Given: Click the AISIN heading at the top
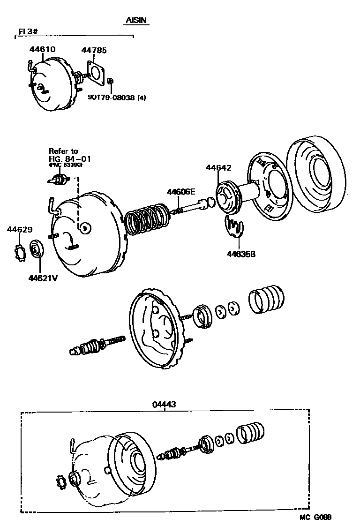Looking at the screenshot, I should click(x=137, y=21).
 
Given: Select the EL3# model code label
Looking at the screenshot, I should click(x=28, y=31).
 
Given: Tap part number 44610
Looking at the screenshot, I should click(x=43, y=49).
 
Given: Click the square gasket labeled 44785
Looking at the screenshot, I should click(x=97, y=74).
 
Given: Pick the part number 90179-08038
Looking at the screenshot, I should click(x=111, y=98).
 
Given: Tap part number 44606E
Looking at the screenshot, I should click(x=180, y=191).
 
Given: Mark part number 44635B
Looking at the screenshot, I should click(x=241, y=254).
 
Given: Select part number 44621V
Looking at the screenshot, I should click(x=43, y=278).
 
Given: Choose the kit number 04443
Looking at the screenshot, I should click(x=164, y=404).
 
